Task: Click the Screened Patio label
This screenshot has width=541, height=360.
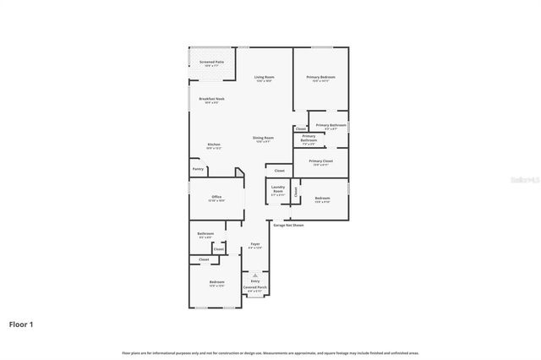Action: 211,62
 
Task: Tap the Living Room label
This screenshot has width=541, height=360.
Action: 264,78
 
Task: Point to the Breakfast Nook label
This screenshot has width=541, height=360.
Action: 211,99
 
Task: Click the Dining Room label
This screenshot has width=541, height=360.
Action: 263,138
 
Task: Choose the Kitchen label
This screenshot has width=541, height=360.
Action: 214,145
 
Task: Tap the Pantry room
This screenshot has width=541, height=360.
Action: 198,169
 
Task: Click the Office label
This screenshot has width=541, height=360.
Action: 216,197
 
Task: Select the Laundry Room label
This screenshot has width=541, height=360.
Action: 277,191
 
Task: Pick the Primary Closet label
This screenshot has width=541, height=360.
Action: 320,161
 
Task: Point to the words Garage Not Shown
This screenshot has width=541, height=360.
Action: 287,225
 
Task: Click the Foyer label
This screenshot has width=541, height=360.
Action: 255,244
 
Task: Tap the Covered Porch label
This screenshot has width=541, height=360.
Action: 255,287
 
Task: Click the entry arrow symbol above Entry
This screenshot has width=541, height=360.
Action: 255,275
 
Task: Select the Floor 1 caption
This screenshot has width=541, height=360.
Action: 21,324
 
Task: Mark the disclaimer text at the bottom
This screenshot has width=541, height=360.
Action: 270,352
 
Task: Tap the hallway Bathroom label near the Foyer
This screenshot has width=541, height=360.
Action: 205,234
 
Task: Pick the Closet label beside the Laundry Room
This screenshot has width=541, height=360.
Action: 296,191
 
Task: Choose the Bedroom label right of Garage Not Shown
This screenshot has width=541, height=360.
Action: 322,199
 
